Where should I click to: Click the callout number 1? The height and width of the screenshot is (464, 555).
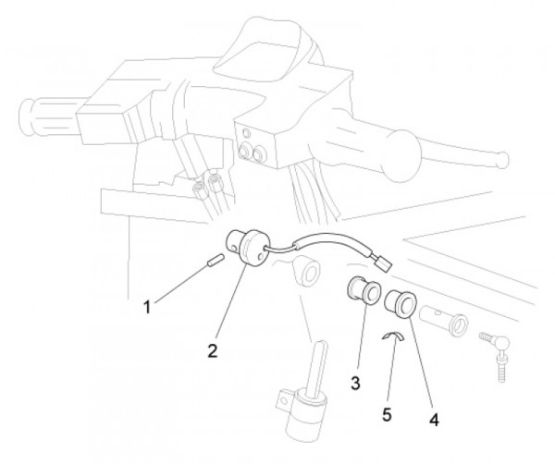(147, 307)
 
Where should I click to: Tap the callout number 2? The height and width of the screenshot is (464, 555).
(213, 350)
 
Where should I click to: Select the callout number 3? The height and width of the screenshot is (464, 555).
(355, 383)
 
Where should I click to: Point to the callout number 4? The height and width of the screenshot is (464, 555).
(434, 420)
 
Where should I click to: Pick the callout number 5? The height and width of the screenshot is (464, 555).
(387, 414)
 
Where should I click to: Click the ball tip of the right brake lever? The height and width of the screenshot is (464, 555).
(501, 159)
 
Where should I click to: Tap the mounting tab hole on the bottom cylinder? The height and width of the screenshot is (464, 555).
(282, 400)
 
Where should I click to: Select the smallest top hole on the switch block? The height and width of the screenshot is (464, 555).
(246, 134)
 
